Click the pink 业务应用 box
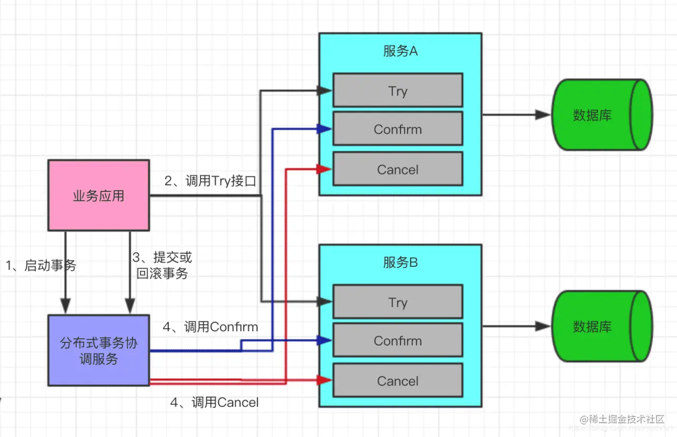point(98,196)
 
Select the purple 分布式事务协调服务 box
point(98,350)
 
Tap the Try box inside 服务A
point(398,90)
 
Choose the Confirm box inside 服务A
point(398,128)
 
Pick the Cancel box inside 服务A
point(398,169)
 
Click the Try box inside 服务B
point(398,301)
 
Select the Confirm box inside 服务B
point(398,340)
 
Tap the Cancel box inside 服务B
point(398,380)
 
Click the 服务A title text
point(400,51)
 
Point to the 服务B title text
point(400,263)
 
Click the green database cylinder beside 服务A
point(602,115)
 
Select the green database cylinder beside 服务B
point(602,326)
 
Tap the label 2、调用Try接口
point(211,181)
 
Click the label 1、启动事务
point(41,265)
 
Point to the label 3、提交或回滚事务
point(162,265)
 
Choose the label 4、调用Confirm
point(211,327)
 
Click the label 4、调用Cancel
point(214,402)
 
